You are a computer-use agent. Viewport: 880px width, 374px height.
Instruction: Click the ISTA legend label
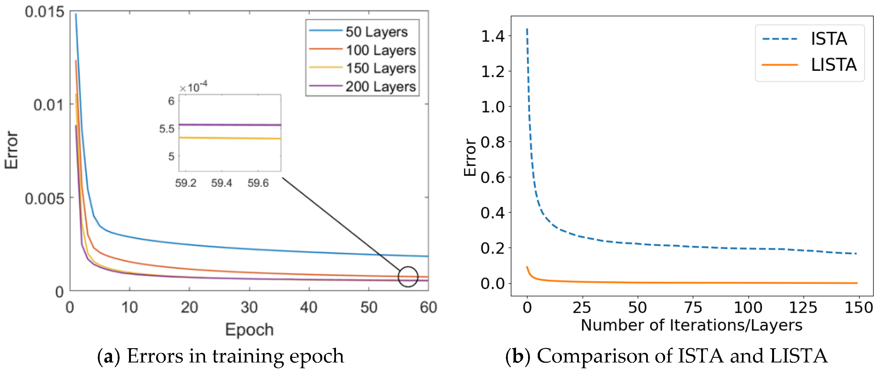[x=828, y=39]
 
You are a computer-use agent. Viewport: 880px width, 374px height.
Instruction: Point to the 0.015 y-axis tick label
[x=44, y=12]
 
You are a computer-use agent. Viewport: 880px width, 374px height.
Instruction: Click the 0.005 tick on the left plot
[x=44, y=198]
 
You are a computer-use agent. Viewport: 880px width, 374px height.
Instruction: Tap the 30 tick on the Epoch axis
[x=249, y=307]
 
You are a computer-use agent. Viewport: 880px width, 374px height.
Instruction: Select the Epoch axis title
[x=249, y=330]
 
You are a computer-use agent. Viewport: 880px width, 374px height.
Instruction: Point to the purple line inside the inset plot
[x=229, y=125]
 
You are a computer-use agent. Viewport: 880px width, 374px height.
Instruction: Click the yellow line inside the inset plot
[x=229, y=138]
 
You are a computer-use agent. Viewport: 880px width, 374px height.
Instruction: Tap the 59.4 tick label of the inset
[x=221, y=183]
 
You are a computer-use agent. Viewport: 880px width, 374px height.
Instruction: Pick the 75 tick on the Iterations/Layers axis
[x=693, y=307]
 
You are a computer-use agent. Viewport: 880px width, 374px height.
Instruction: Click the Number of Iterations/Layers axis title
[x=691, y=325]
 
